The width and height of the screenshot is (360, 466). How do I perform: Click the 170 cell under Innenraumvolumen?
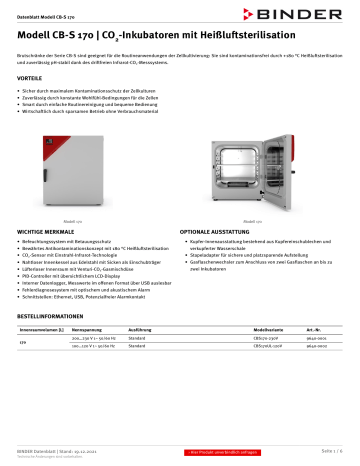pyautogui.click(x=23, y=371)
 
